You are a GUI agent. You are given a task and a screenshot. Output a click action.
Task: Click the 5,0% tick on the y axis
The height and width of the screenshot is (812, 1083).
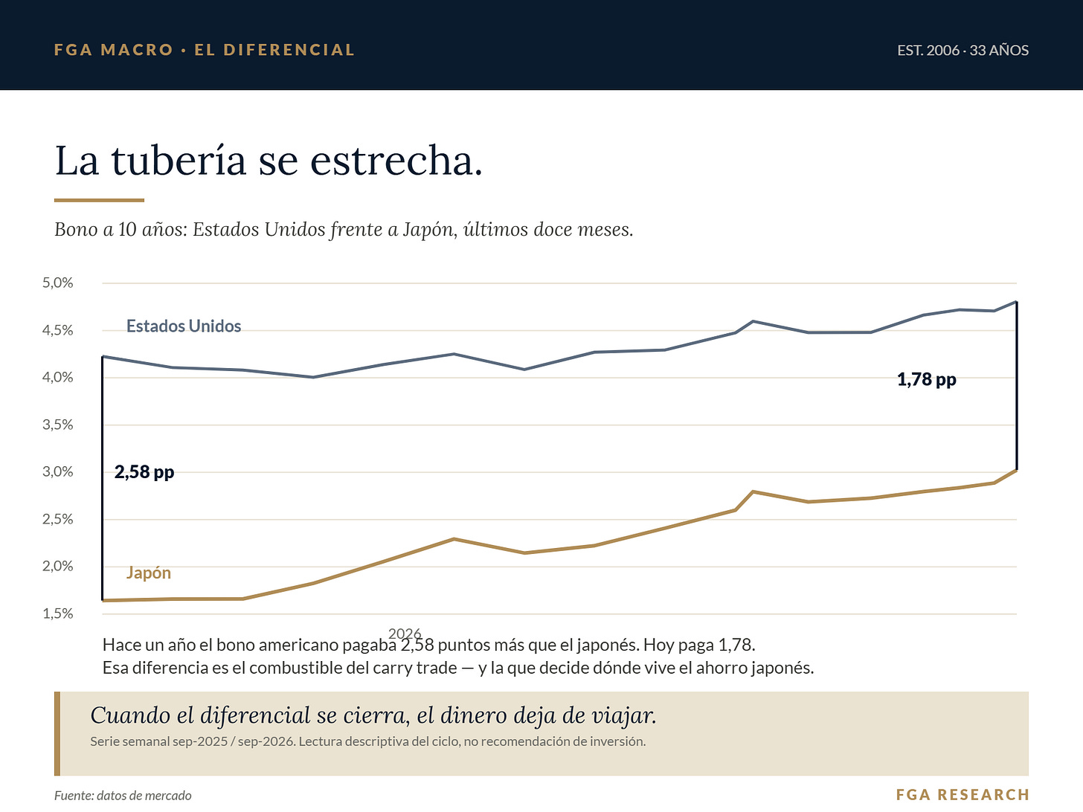click(58, 283)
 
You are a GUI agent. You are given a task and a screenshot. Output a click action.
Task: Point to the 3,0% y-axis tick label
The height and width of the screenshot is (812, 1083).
click(58, 472)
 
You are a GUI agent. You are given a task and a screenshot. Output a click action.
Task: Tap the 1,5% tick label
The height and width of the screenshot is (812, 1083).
click(58, 613)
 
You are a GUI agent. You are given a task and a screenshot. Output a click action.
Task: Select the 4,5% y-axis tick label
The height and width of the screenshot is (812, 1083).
click(58, 330)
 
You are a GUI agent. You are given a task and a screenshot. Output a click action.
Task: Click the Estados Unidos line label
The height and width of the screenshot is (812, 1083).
click(184, 326)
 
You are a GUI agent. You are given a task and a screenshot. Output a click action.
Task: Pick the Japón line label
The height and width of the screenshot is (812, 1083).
click(149, 573)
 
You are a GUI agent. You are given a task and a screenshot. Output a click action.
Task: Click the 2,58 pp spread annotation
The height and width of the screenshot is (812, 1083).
click(144, 472)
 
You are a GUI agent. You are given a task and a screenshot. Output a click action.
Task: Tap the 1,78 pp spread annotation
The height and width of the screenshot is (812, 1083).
click(927, 379)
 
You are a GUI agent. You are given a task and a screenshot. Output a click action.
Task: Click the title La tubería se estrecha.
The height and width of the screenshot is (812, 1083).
click(269, 160)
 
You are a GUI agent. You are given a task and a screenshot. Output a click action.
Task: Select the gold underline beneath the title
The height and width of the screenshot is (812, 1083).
click(99, 200)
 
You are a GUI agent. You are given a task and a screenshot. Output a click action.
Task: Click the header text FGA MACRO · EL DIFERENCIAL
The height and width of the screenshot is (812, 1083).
click(205, 50)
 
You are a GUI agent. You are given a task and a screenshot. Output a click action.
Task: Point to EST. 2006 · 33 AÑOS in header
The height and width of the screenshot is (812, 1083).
click(963, 51)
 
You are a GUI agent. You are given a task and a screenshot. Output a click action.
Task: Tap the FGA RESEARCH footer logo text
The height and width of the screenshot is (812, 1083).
click(963, 795)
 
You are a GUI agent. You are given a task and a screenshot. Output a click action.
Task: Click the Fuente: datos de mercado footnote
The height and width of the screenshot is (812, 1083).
click(123, 795)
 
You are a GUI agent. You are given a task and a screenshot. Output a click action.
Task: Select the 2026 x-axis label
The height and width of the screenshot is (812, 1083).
click(405, 634)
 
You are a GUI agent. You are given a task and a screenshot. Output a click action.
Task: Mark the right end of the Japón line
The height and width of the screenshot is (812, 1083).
click(1016, 471)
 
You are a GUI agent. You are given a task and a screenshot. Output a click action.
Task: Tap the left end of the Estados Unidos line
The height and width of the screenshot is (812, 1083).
click(103, 356)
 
